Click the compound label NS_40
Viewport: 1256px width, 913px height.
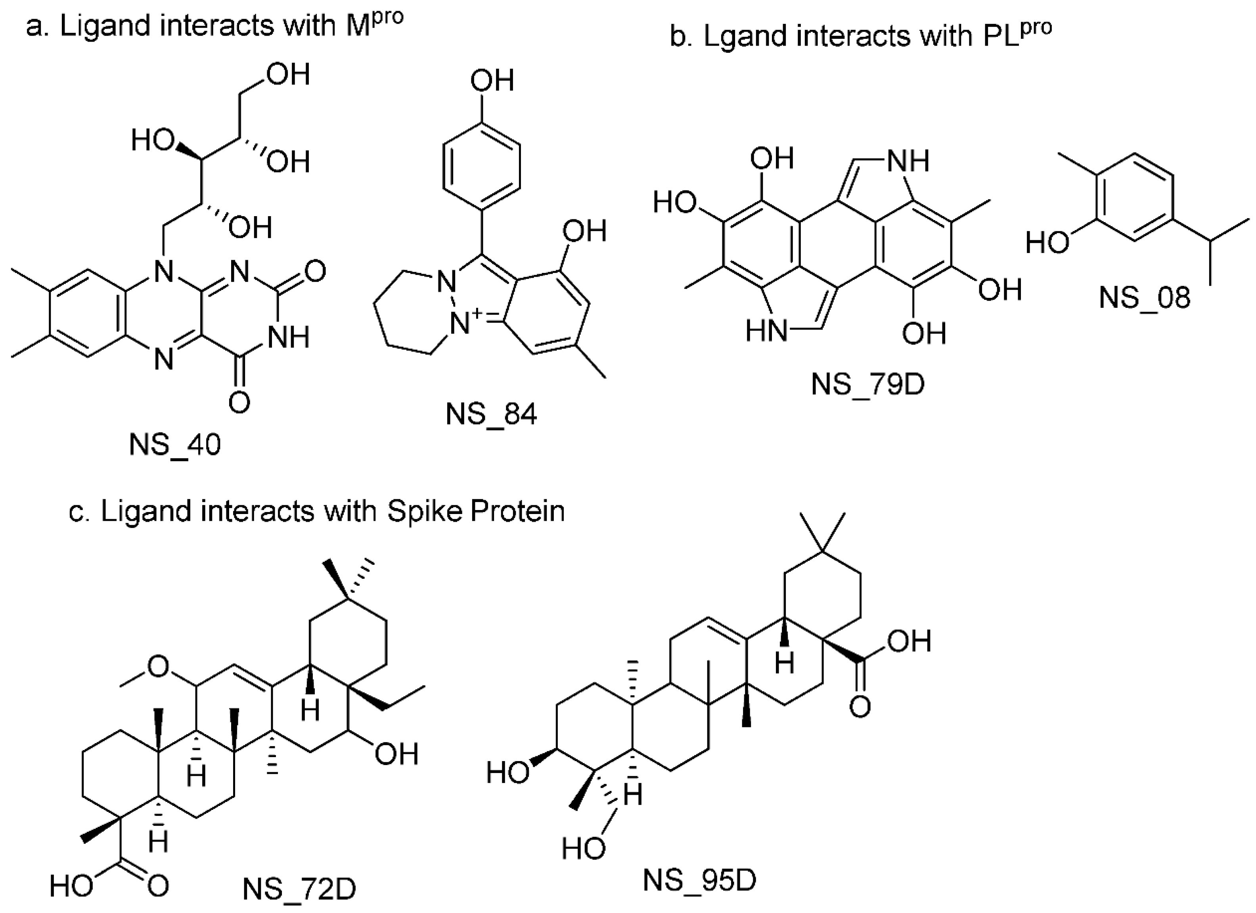[175, 445]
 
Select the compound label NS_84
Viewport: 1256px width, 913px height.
[491, 415]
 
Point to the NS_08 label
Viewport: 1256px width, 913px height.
[1144, 297]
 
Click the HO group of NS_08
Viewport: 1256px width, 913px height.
[1047, 243]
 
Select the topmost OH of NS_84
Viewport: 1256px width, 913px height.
[492, 81]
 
